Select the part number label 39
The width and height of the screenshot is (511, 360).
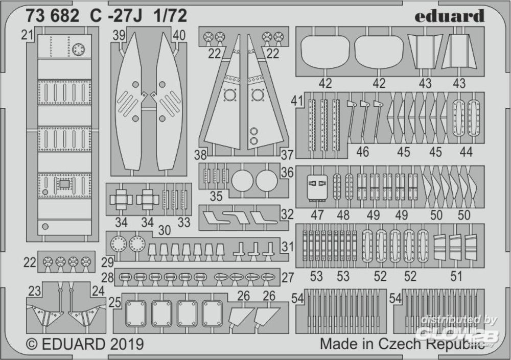click(x=119, y=35)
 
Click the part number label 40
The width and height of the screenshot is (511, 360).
click(x=179, y=35)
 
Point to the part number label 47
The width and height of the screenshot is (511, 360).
click(x=317, y=215)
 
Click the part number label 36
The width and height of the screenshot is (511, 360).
click(x=287, y=173)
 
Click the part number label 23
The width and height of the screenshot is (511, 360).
click(x=35, y=291)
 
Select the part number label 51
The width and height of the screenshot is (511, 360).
click(x=456, y=276)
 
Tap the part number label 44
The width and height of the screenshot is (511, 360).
click(x=466, y=152)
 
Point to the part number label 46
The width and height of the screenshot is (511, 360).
click(x=362, y=152)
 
